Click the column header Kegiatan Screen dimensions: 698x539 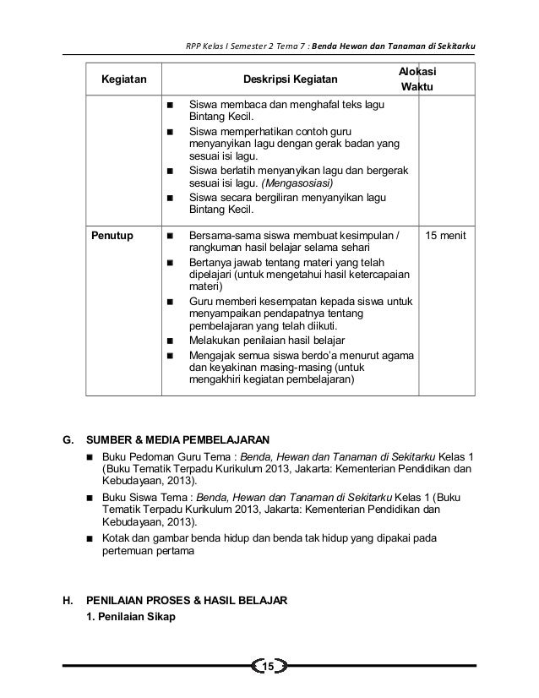pyautogui.click(x=123, y=80)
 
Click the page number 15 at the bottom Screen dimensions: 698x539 pyautogui.click(x=269, y=668)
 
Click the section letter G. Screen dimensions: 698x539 pyautogui.click(x=68, y=440)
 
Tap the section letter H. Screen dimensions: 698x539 pyautogui.click(x=68, y=601)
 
